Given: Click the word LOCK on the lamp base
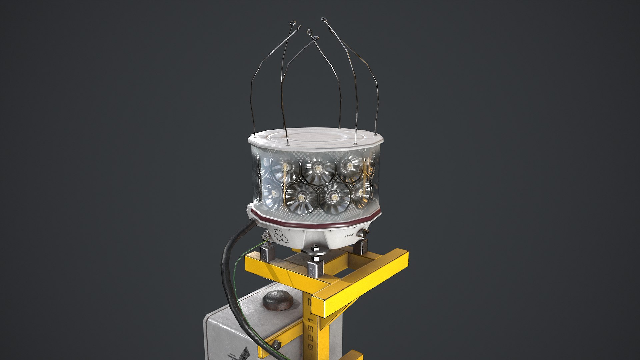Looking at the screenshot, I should pyautogui.click(x=349, y=236).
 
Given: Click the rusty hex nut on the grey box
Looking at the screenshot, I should pyautogui.click(x=278, y=300).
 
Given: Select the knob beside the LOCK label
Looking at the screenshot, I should pyautogui.click(x=362, y=233).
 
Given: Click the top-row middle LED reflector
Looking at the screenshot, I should pyautogui.click(x=318, y=168).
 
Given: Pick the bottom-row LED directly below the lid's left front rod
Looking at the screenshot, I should pyautogui.click(x=301, y=199).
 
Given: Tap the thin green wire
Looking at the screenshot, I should pyautogui.click(x=235, y=277).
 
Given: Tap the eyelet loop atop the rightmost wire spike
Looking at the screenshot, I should pyautogui.click(x=324, y=20).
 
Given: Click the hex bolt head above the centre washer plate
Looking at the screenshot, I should pyautogui.click(x=315, y=248).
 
